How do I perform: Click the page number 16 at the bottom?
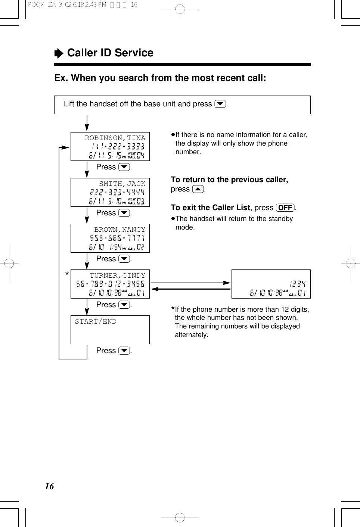(x=49, y=486)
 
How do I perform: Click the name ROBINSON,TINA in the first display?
(x=115, y=138)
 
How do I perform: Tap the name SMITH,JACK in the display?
(x=122, y=184)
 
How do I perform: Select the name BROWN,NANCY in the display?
(x=120, y=230)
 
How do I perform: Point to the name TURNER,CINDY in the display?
(x=117, y=275)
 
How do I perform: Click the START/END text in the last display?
(x=96, y=321)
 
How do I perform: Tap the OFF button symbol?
(x=285, y=208)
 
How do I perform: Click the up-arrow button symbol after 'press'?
(x=198, y=189)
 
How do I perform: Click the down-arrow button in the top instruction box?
(x=220, y=104)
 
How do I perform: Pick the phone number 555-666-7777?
(x=117, y=238)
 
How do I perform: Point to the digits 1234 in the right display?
(x=298, y=284)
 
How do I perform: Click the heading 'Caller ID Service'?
(x=110, y=53)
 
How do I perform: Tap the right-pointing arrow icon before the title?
(x=59, y=54)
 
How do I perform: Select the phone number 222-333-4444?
(x=117, y=192)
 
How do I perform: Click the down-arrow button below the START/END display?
(x=124, y=351)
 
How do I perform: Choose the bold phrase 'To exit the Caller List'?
(x=210, y=208)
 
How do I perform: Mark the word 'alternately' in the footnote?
(x=191, y=335)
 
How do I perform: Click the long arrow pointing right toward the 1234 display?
(x=190, y=283)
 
